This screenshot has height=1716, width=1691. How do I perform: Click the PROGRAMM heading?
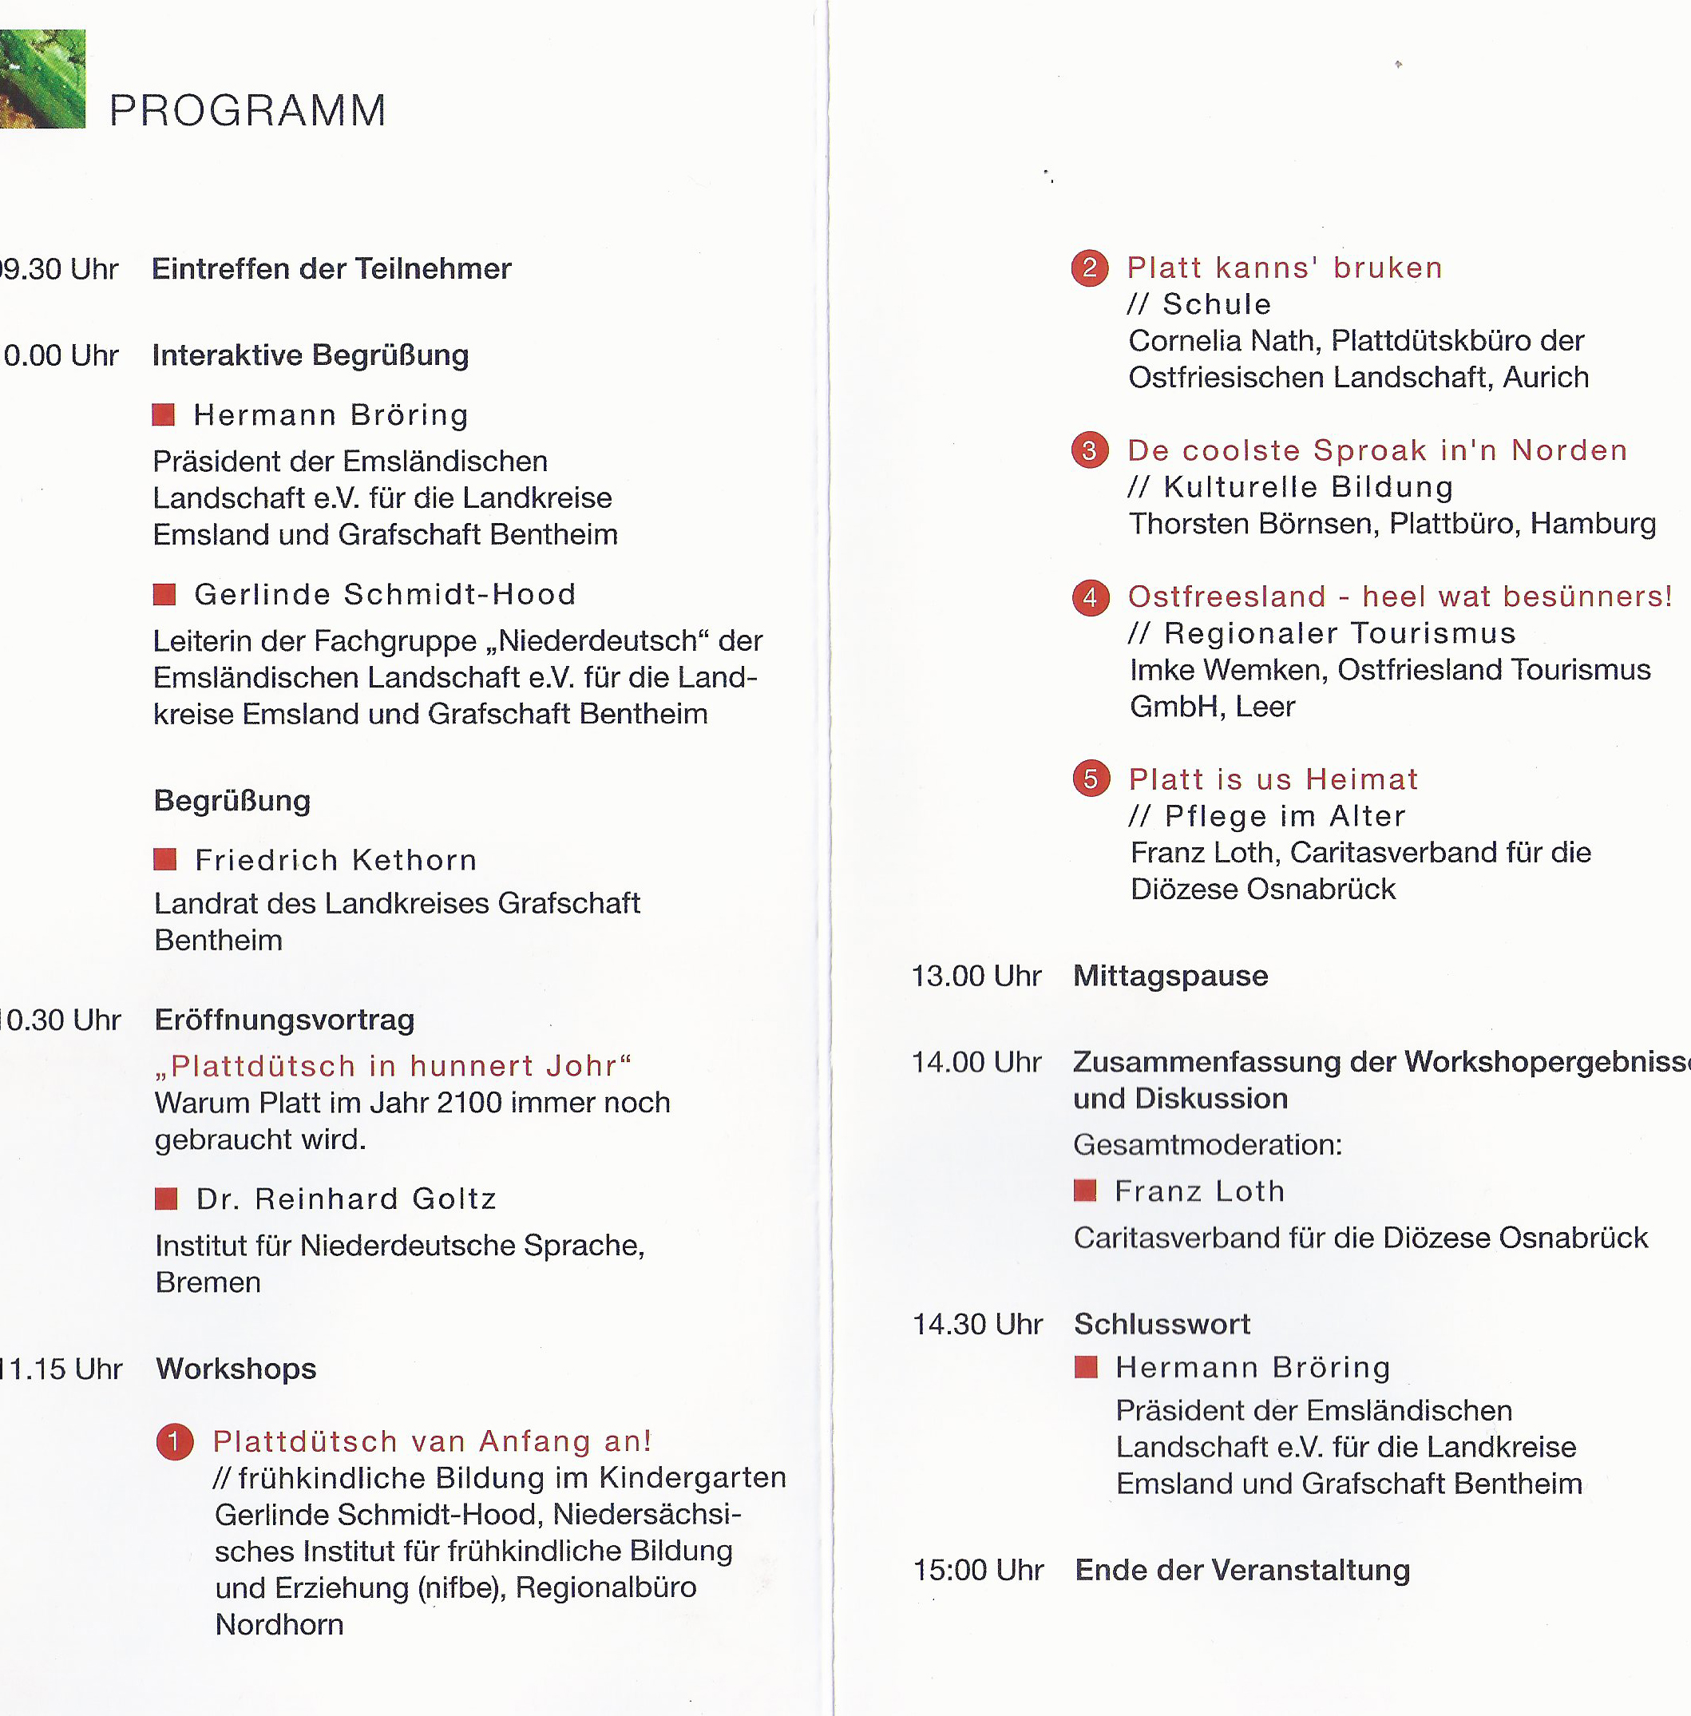(248, 111)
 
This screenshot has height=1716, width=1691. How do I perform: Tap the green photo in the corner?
(42, 79)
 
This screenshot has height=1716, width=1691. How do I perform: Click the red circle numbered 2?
(1090, 268)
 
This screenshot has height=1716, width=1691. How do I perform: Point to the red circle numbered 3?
(1090, 450)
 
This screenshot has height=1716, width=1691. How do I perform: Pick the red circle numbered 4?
(1091, 596)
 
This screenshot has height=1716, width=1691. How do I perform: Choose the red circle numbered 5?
(1091, 779)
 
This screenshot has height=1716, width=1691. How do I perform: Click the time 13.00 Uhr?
(976, 976)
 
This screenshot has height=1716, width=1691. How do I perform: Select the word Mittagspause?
(1170, 976)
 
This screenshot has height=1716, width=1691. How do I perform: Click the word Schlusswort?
(1162, 1324)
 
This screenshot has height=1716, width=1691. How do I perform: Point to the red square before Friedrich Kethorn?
(165, 859)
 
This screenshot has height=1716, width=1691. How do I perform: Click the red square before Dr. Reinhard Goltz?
(166, 1199)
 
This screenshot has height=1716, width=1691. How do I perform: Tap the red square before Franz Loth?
(1085, 1191)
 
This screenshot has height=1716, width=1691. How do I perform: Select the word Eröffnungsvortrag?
(285, 1020)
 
